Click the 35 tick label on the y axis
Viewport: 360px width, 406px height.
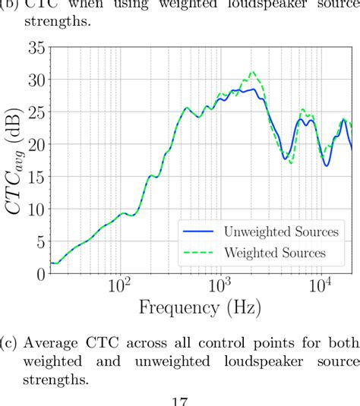[x=36, y=47]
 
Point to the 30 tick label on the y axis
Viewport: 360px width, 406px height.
[x=36, y=80]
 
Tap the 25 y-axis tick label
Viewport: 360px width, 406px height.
[x=36, y=112]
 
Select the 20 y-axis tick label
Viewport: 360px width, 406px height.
[x=36, y=144]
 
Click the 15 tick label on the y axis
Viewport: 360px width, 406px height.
[x=36, y=177]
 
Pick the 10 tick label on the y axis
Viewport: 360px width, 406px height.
[x=36, y=209]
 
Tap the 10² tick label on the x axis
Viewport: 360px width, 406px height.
[x=119, y=288]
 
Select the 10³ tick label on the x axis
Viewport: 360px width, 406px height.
[x=220, y=288]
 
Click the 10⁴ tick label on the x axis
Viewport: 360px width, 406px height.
[x=321, y=288]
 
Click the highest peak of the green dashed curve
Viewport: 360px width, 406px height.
[x=252, y=72]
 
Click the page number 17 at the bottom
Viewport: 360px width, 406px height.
[x=180, y=400]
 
